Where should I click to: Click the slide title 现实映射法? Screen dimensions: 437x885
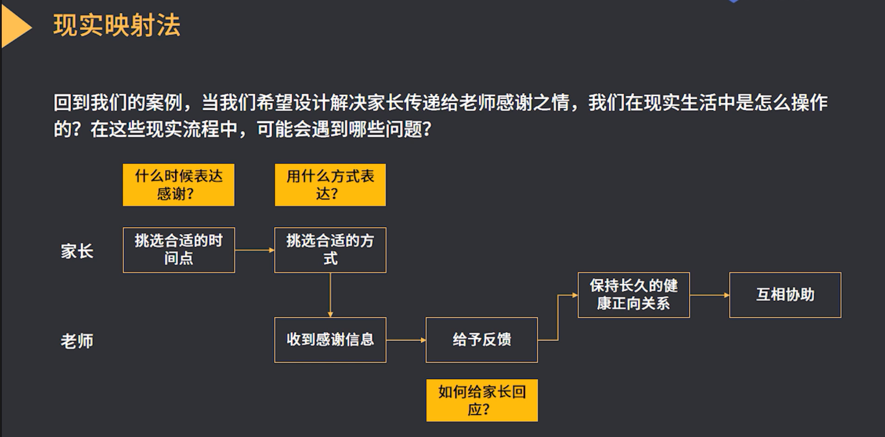tap(116, 26)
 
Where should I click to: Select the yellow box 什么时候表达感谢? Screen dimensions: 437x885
tap(179, 185)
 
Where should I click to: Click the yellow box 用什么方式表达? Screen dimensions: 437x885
tap(330, 185)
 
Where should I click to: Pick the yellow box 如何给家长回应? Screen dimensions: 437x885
tap(482, 400)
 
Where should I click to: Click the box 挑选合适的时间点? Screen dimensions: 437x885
tap(179, 250)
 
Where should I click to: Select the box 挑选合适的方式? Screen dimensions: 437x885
tap(330, 250)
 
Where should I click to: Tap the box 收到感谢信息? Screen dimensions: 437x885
tap(330, 340)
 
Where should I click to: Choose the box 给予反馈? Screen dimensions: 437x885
tap(482, 340)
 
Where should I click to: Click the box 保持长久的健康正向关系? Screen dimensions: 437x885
tap(634, 295)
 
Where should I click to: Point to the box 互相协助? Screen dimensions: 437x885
tap(785, 295)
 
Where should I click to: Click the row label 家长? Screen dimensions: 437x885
tap(77, 251)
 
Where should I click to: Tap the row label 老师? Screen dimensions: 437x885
tap(77, 341)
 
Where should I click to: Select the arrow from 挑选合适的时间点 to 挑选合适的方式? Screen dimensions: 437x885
tap(255, 250)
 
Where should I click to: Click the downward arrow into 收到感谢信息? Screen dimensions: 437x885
tap(330, 295)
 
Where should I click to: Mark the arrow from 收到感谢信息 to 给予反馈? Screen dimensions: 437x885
tap(406, 340)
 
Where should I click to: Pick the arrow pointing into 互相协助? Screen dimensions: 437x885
tap(709, 295)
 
